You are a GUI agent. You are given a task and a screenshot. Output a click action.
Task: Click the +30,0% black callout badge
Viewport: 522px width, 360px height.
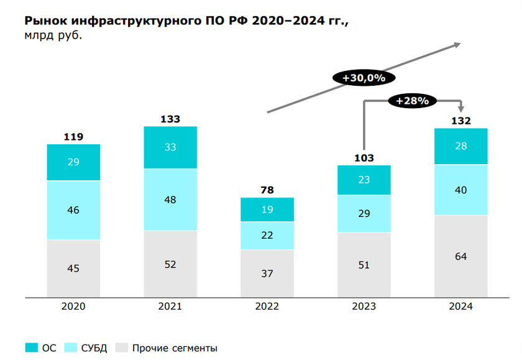(x=364, y=78)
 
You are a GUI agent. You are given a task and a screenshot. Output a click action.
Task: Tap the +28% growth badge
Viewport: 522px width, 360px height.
(x=413, y=100)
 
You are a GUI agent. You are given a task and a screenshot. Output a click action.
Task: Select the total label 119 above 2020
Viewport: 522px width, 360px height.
(x=73, y=137)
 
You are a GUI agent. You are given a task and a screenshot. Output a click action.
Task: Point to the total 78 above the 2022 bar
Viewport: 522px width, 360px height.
(x=267, y=190)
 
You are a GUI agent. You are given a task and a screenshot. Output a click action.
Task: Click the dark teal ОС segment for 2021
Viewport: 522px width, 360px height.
(x=170, y=147)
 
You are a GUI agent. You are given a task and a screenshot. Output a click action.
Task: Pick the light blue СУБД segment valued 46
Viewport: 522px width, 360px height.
(x=73, y=210)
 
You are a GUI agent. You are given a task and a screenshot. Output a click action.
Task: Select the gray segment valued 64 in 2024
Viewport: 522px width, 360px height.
(x=460, y=256)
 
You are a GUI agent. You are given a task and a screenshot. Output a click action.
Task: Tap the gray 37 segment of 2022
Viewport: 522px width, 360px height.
(x=267, y=274)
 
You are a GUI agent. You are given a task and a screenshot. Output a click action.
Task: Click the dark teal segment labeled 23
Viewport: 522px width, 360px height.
(x=364, y=180)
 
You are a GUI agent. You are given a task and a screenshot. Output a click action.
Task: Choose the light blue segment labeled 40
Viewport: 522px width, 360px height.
(x=460, y=190)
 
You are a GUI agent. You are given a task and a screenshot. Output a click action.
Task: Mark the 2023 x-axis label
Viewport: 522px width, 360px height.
(x=364, y=307)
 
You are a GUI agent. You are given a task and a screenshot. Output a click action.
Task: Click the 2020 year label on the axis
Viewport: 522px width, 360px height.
(x=73, y=307)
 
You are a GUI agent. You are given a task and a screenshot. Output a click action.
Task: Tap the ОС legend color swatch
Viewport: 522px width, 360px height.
(x=32, y=348)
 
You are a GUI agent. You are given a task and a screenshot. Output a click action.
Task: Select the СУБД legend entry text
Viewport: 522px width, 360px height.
(x=94, y=348)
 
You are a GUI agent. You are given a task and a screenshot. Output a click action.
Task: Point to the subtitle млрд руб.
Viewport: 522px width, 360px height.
(x=52, y=35)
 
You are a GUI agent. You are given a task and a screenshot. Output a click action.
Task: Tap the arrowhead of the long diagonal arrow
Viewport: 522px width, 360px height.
(x=457, y=44)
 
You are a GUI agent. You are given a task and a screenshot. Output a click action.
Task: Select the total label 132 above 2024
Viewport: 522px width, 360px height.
(x=460, y=121)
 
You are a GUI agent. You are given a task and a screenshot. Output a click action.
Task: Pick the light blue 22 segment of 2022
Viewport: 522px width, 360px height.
(x=267, y=235)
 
